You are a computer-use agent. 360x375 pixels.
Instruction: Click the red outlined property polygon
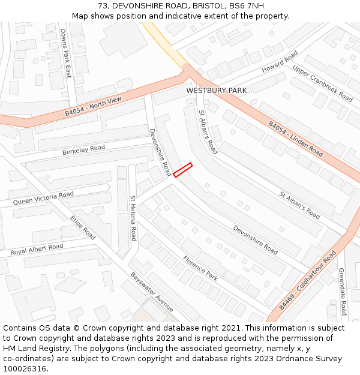coord(183,170)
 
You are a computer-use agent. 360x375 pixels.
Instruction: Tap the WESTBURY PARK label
coord(216,91)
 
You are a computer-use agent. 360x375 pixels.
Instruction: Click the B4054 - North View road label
coord(93,107)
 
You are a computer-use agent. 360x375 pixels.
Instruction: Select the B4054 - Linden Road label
coord(295,139)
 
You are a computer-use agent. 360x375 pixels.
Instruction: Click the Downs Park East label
coord(65,53)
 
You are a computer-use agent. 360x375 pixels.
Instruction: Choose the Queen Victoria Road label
coord(43,198)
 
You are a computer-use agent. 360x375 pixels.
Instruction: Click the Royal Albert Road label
coord(37,249)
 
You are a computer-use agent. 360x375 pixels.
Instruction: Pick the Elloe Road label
coord(83,227)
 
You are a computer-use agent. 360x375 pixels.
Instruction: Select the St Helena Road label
coord(133,218)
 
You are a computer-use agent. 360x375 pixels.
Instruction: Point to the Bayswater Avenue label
coord(152,292)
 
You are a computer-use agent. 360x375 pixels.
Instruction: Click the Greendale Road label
coord(342,292)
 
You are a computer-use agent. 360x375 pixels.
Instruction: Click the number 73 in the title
coord(102,5)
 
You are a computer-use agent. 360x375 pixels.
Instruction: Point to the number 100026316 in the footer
coord(26,369)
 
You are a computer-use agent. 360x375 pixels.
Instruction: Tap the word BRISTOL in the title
coord(208,5)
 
